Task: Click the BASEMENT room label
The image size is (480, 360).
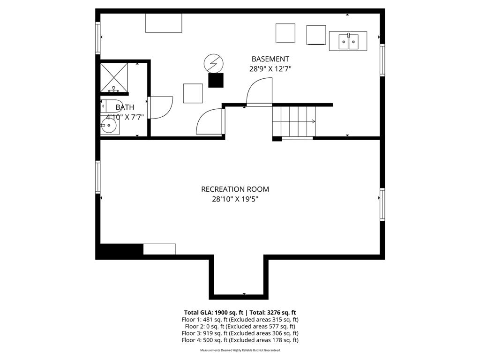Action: (x=270, y=59)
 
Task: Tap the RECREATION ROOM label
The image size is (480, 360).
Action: (x=235, y=189)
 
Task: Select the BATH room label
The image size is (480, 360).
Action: (x=125, y=107)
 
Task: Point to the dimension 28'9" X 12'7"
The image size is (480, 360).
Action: (x=270, y=68)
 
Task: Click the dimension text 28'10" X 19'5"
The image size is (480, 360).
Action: (x=235, y=199)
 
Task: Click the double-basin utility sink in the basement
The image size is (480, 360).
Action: (x=348, y=41)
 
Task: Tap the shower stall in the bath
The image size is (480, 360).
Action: (x=114, y=77)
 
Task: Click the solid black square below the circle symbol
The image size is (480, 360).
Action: (x=216, y=80)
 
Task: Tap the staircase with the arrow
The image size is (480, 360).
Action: (x=294, y=121)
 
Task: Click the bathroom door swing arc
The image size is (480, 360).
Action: (x=161, y=108)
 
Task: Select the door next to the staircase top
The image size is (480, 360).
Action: (x=259, y=92)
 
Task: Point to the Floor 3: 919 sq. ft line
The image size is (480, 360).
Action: (x=240, y=333)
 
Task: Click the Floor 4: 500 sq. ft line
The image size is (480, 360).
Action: (x=240, y=340)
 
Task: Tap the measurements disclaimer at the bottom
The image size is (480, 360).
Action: (x=240, y=350)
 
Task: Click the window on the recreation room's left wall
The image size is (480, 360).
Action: (x=98, y=177)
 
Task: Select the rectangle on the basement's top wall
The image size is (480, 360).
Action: (x=164, y=23)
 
